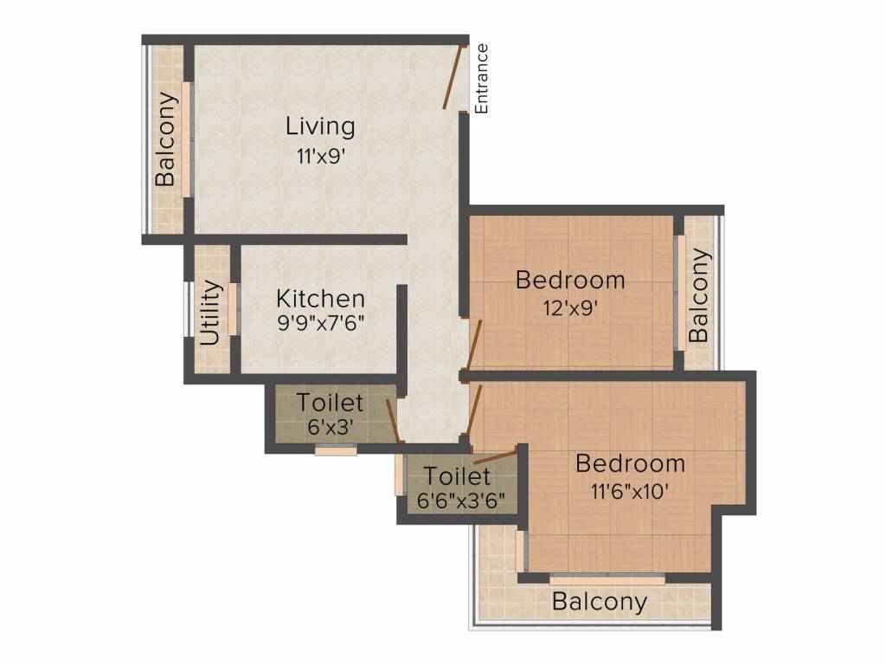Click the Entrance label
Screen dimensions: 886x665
(481, 79)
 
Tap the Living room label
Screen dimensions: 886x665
(320, 126)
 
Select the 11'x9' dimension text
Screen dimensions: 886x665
(320, 156)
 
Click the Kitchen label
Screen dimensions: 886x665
(320, 299)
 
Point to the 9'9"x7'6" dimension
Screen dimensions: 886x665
(320, 323)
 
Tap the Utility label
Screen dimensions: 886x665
(210, 312)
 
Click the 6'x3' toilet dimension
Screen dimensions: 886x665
(331, 427)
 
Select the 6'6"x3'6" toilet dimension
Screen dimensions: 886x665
(460, 500)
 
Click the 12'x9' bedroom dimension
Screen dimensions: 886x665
(570, 308)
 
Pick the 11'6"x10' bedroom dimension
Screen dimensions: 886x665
(630, 491)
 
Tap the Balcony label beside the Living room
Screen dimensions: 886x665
(165, 139)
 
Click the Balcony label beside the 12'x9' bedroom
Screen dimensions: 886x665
(698, 295)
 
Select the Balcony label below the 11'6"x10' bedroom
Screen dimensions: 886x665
(600, 601)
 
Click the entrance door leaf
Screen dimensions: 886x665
(454, 77)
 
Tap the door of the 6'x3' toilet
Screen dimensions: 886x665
(394, 421)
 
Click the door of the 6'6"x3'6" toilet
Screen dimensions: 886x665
(495, 457)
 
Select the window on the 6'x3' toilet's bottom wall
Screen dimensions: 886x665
(337, 450)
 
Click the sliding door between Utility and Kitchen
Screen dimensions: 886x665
(233, 309)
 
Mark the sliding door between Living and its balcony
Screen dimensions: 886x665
(187, 139)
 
